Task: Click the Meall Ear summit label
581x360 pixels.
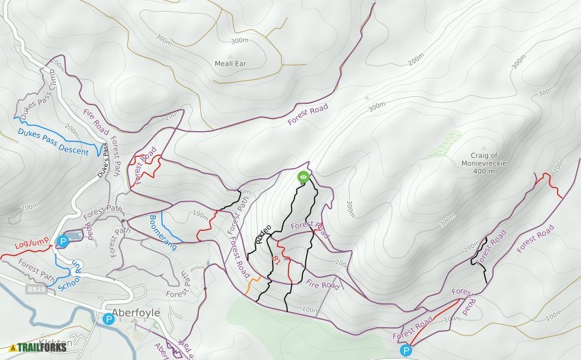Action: click(x=230, y=64)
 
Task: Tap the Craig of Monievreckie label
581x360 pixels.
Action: click(x=489, y=159)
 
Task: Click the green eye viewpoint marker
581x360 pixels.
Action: click(x=303, y=177)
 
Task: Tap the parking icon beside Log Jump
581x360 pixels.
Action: click(x=63, y=240)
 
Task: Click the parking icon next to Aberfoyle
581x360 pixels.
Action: click(x=108, y=318)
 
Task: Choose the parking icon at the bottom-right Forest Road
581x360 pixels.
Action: click(x=406, y=350)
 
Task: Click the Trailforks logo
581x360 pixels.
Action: click(x=38, y=347)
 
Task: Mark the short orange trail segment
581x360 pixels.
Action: click(x=252, y=283)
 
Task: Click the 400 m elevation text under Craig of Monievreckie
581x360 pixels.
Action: click(x=489, y=171)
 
